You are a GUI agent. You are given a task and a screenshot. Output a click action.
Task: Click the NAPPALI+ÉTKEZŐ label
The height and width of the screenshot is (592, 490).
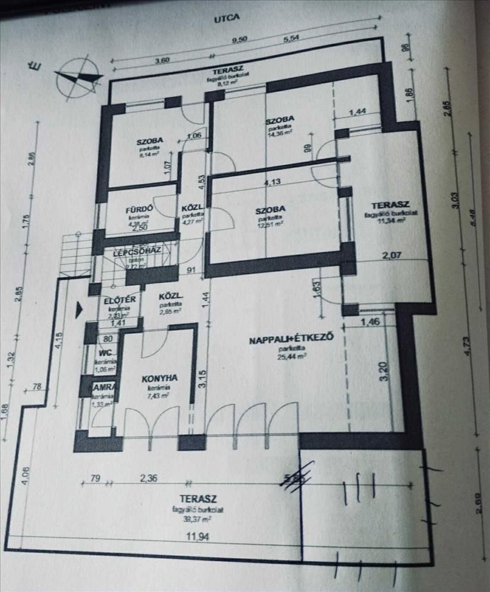click(289, 340)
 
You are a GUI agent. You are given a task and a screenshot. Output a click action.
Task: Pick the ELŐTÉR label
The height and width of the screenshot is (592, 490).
click(120, 300)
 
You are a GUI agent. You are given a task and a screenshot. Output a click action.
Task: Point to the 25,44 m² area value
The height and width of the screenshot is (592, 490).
click(294, 356)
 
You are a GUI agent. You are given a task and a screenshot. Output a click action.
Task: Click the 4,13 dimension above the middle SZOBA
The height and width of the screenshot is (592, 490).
click(273, 182)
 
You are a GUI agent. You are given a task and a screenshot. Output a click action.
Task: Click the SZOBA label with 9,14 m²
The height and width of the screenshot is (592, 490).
click(150, 141)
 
